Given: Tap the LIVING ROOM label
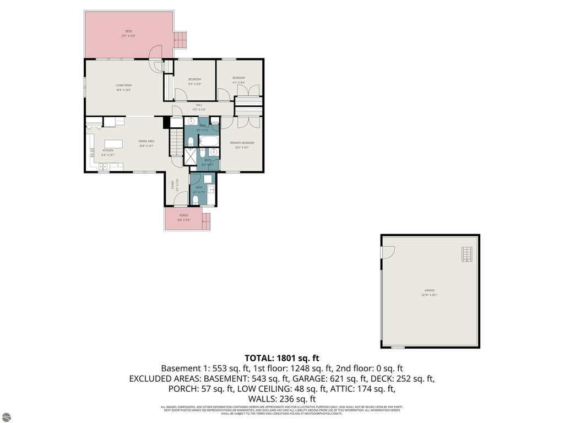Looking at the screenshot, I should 123,85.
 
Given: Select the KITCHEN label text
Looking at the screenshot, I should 107,150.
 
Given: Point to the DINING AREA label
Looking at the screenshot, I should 146,142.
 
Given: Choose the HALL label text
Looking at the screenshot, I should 199,105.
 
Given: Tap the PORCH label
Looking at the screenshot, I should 183,215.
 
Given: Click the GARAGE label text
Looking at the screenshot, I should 430,290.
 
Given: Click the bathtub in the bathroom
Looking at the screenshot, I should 209,141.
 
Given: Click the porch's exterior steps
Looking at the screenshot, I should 207,222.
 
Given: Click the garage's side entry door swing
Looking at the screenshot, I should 388,252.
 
